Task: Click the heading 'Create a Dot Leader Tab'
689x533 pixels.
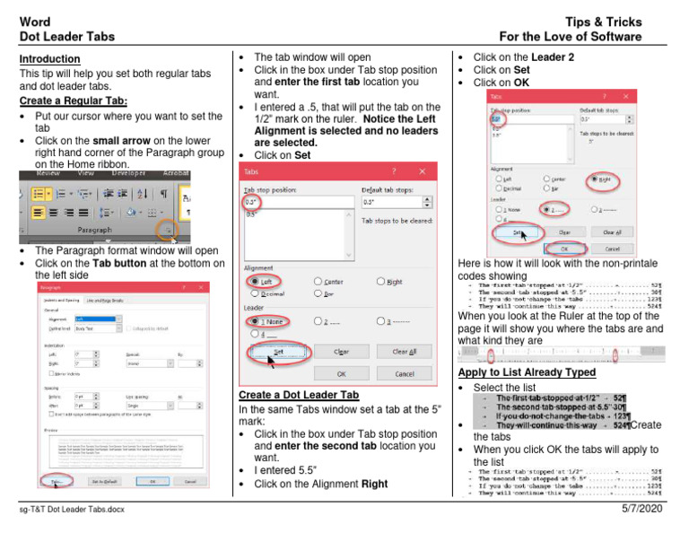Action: click(x=298, y=395)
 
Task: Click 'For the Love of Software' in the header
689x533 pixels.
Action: click(x=571, y=37)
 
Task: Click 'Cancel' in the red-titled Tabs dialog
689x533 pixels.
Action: click(x=404, y=373)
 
